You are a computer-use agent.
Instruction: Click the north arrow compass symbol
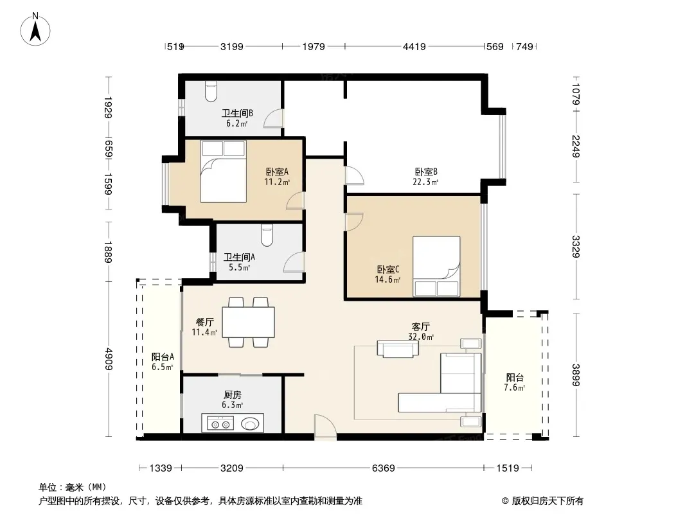pos(35,30)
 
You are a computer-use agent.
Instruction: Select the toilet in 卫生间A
pos(267,235)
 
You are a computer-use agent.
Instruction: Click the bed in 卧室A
pos(223,171)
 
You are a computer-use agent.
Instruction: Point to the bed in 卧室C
pos(436,267)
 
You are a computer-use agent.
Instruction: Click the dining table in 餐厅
pos(248,323)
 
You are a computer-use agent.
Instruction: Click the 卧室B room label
pos(426,172)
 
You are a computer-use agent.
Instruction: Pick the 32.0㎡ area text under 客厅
pos(421,337)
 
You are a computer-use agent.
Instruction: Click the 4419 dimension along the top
pos(414,46)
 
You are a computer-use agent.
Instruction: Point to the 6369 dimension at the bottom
pos(383,468)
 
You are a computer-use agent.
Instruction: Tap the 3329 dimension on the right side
pos(576,246)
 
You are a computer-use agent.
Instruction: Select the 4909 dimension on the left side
pos(109,359)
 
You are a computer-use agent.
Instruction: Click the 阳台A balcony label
pos(163,357)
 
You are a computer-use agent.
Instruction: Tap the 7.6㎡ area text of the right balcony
pos(514,388)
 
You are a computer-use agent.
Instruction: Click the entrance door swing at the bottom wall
pos(325,426)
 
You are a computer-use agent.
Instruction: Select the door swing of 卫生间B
pos(276,118)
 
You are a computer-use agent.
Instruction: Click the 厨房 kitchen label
pos(233,394)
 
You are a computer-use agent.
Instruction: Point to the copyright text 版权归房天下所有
pos(547,501)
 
